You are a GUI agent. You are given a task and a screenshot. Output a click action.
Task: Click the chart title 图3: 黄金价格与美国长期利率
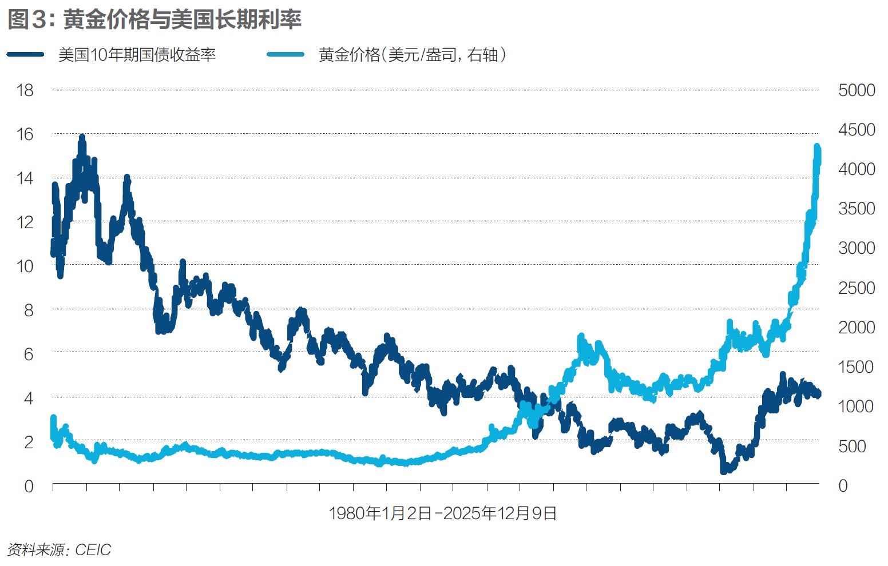click(154, 19)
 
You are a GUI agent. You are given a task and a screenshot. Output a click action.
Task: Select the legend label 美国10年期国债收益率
click(137, 55)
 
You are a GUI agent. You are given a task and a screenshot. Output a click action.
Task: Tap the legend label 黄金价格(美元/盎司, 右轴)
click(412, 55)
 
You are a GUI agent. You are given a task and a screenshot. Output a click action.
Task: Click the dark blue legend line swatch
click(26, 54)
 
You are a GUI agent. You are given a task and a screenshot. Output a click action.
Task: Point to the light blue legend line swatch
click(286, 54)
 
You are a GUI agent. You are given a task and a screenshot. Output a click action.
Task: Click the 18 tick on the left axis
click(25, 90)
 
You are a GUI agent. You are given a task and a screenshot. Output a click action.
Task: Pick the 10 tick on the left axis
click(25, 266)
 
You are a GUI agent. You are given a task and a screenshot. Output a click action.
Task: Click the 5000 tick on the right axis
click(857, 90)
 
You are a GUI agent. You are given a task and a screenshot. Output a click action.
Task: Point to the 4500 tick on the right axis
click(857, 130)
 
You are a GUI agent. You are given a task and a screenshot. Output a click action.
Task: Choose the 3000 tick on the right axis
click(857, 248)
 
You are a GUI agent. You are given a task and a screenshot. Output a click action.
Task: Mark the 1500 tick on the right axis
click(857, 367)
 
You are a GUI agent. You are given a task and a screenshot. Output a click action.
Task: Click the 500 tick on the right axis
click(852, 446)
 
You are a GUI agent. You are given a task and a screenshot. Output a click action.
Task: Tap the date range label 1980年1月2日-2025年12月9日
click(443, 513)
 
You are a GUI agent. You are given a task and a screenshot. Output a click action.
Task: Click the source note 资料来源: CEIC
click(59, 550)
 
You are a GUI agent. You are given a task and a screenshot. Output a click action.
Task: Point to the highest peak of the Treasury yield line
click(82, 137)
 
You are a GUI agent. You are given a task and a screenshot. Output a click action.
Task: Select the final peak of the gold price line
click(817, 147)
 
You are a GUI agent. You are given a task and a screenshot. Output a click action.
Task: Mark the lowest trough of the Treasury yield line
click(724, 472)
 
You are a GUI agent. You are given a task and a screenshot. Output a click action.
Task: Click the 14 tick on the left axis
click(25, 178)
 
